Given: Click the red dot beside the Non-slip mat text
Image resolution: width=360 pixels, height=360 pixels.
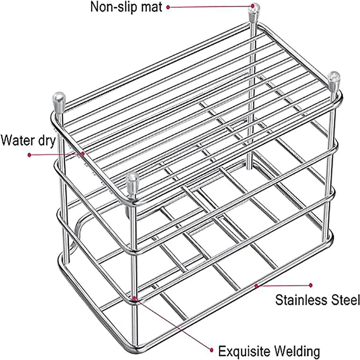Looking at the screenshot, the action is pyautogui.click(x=168, y=7).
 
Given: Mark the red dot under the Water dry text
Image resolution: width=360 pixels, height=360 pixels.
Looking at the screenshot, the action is pyautogui.click(x=29, y=155).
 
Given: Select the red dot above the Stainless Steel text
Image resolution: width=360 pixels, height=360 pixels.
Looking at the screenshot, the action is pyautogui.click(x=310, y=285).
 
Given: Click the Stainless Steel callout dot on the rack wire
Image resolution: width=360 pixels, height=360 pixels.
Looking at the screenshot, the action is pyautogui.click(x=256, y=285).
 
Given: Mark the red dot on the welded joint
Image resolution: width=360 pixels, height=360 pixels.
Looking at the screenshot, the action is pyautogui.click(x=135, y=298).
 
